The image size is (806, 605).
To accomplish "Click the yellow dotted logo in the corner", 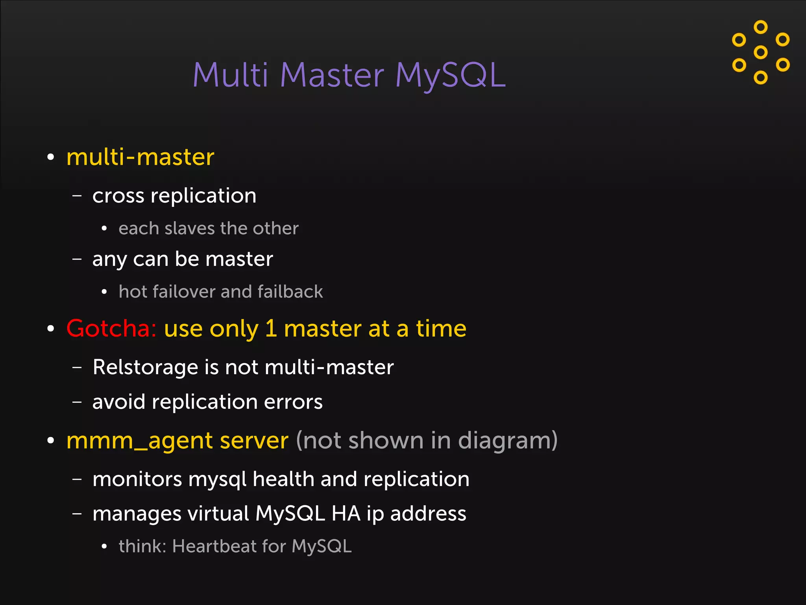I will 761,52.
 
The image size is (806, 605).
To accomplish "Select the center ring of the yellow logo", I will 761,52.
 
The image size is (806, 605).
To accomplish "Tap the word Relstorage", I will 145,367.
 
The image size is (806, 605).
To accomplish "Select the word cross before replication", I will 118,196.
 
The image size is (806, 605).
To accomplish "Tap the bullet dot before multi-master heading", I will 50,157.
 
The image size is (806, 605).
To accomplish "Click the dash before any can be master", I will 77,259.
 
